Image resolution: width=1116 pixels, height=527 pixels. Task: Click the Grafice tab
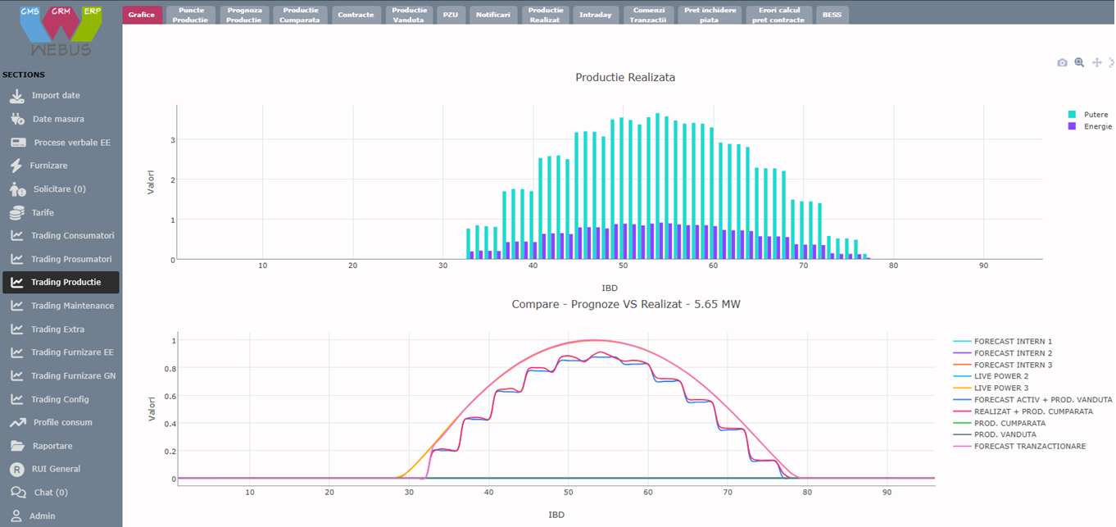tap(142, 15)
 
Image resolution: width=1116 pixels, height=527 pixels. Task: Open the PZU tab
tap(451, 15)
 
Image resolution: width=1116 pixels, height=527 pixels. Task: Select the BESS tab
tap(832, 15)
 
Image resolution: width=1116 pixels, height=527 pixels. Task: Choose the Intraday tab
tap(595, 15)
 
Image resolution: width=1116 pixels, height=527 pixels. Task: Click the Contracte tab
tap(356, 15)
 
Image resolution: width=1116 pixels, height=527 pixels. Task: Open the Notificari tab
tap(493, 15)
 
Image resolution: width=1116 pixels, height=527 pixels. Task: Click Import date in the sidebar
tap(56, 96)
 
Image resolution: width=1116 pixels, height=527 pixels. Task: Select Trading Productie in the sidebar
tap(66, 282)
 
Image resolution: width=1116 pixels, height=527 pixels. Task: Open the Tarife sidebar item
tap(43, 212)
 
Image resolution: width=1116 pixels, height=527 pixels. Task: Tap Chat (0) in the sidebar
tap(50, 493)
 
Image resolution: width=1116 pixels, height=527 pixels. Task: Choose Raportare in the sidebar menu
tap(52, 446)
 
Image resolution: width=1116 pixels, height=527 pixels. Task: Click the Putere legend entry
tap(1095, 115)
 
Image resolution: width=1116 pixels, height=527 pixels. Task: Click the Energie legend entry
tap(1097, 126)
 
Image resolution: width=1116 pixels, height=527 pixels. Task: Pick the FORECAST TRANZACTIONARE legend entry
tap(1029, 446)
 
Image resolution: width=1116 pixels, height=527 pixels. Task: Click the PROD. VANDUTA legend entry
tap(1005, 434)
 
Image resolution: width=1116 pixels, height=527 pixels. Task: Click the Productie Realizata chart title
tap(625, 77)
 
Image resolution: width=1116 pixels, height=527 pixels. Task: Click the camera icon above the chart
tap(1062, 62)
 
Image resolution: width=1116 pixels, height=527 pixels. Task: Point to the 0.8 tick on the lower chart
tap(170, 368)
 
